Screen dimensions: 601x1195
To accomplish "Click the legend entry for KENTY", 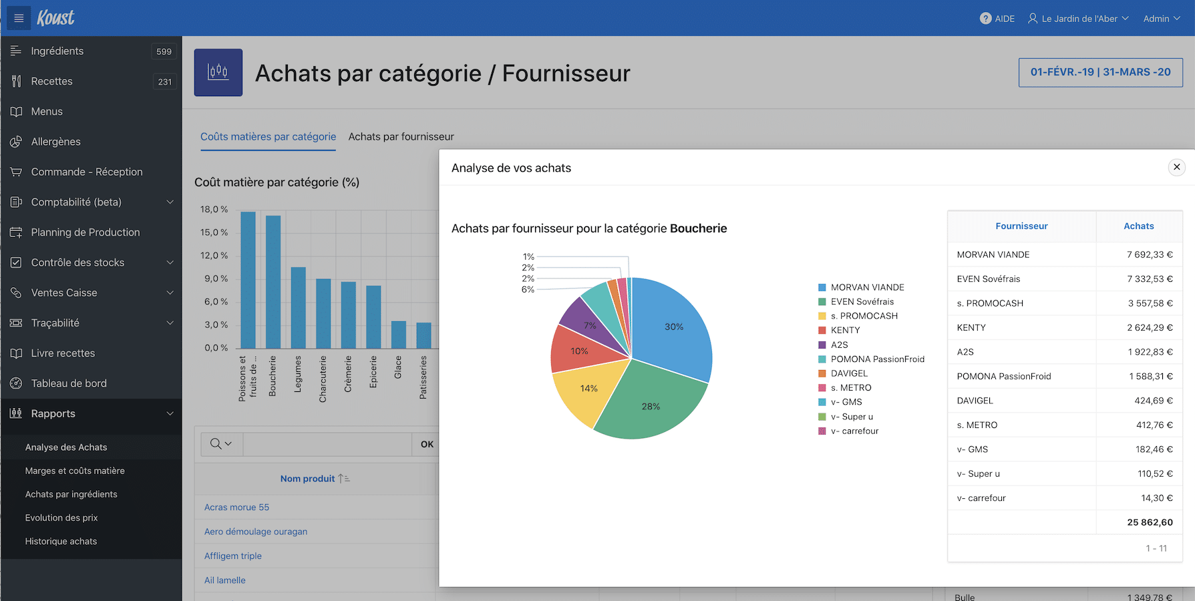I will [845, 331].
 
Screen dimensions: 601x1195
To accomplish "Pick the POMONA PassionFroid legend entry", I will [877, 359].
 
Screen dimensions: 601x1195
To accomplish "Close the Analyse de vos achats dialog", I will [1176, 167].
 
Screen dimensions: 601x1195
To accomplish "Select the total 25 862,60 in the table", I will [1149, 522].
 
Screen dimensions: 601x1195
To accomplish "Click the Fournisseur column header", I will [1021, 226].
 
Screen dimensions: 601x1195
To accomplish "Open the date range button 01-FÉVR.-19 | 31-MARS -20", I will [1100, 72].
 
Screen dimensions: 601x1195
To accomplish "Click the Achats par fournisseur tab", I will [401, 137].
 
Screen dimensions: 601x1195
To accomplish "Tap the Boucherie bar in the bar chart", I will [273, 280].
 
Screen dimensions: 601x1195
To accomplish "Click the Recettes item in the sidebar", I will [52, 81].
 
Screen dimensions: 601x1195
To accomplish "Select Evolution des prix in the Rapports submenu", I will [61, 518].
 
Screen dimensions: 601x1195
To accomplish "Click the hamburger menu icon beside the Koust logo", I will [19, 18].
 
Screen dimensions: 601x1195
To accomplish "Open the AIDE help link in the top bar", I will [997, 19].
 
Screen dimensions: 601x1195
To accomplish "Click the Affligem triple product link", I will [233, 556].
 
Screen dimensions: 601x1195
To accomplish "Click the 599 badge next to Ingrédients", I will [164, 51].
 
